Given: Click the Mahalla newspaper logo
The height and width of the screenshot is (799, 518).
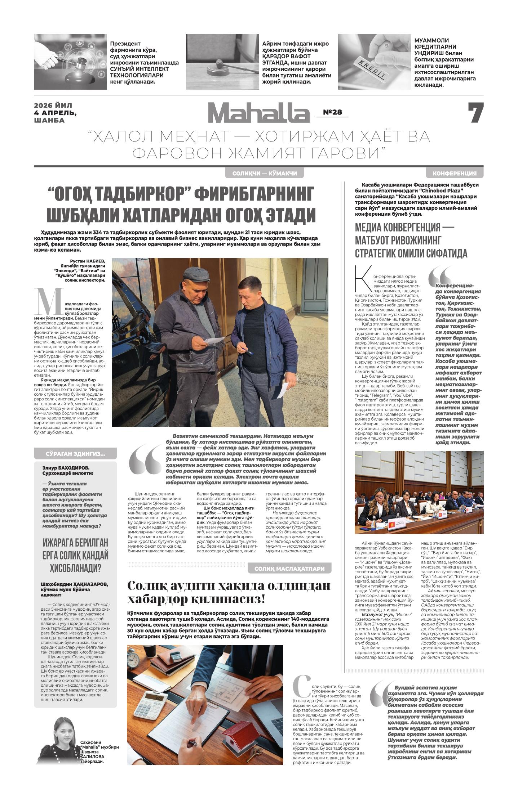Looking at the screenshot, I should click(258, 113).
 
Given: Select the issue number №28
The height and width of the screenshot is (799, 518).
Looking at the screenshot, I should click(332, 112).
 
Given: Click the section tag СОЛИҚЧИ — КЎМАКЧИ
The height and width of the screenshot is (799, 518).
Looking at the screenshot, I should click(265, 174).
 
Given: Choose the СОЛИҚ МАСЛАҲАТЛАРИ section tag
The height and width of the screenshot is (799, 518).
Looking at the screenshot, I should click(289, 569).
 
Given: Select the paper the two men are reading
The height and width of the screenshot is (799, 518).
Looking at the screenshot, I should click(214, 341).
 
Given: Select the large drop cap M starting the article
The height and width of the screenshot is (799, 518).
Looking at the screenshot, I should click(50, 302).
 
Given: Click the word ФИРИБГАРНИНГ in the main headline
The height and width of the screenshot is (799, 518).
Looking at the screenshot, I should click(254, 194).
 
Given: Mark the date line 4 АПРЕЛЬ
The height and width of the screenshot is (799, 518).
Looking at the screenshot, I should click(55, 113).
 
